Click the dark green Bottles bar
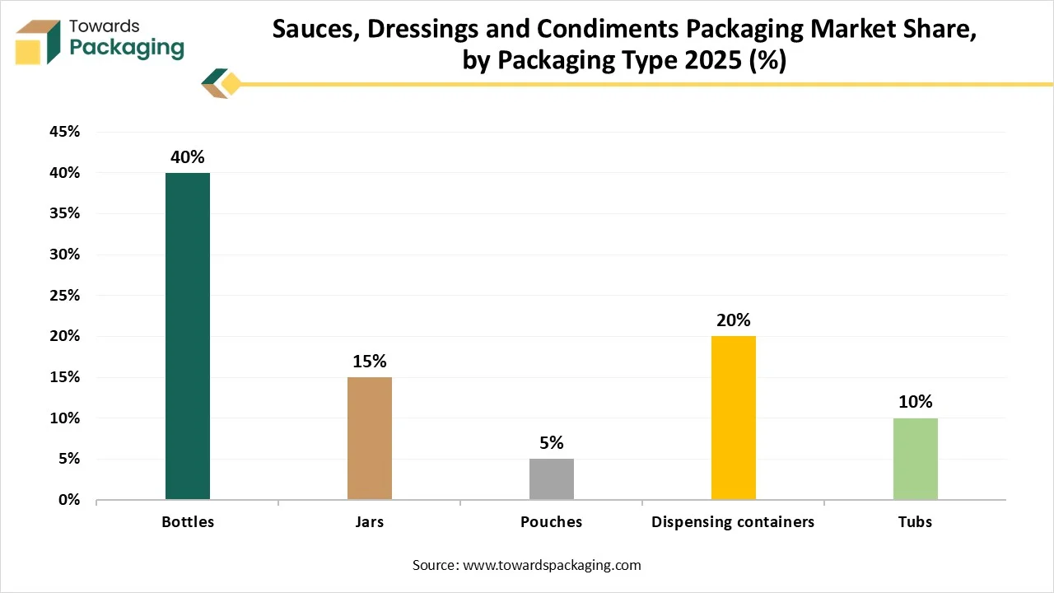[188, 336]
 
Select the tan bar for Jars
[370, 438]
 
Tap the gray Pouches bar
[552, 479]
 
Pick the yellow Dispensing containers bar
[734, 418]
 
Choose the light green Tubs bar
[916, 459]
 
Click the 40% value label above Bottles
[188, 156]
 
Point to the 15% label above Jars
[370, 361]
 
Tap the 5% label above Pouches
[552, 443]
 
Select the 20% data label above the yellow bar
[734, 320]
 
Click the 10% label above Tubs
[916, 402]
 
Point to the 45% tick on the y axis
[63, 132]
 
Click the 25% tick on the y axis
[63, 296]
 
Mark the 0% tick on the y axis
[68, 500]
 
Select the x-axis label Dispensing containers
[733, 522]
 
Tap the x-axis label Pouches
[551, 522]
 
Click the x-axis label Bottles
[188, 522]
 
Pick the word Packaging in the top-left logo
[127, 48]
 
